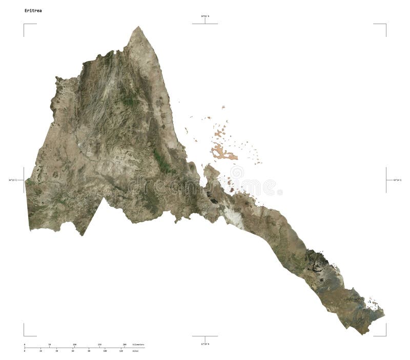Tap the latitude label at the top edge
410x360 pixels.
(205, 17)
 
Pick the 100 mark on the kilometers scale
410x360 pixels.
(74, 344)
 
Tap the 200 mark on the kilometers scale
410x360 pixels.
(124, 344)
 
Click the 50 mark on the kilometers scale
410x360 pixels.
(49, 344)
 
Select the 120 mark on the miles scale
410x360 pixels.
(121, 351)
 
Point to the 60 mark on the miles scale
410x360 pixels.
(73, 351)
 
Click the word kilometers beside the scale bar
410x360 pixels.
(138, 344)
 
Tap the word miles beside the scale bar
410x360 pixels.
(135, 351)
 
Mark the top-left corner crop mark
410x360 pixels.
(24, 24)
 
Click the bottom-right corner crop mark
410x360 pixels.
(385, 335)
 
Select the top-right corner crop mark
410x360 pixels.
(385, 24)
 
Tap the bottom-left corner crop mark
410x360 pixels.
(24, 335)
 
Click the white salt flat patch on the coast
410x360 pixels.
(234, 216)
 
